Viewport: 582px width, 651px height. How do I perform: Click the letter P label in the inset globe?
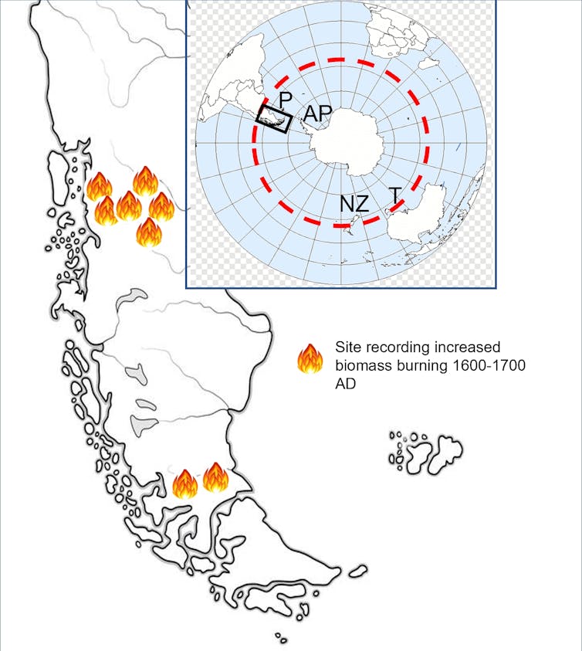(285, 99)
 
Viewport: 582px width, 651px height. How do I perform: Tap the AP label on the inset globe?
(317, 114)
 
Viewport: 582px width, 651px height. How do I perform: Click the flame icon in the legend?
(310, 359)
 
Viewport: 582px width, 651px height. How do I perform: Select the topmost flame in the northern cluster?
(145, 181)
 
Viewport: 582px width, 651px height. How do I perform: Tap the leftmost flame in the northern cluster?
(100, 186)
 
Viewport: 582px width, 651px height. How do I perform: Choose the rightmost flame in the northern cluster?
(162, 206)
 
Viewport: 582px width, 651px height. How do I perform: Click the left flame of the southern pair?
(185, 483)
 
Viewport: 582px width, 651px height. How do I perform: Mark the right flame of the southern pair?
(215, 477)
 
